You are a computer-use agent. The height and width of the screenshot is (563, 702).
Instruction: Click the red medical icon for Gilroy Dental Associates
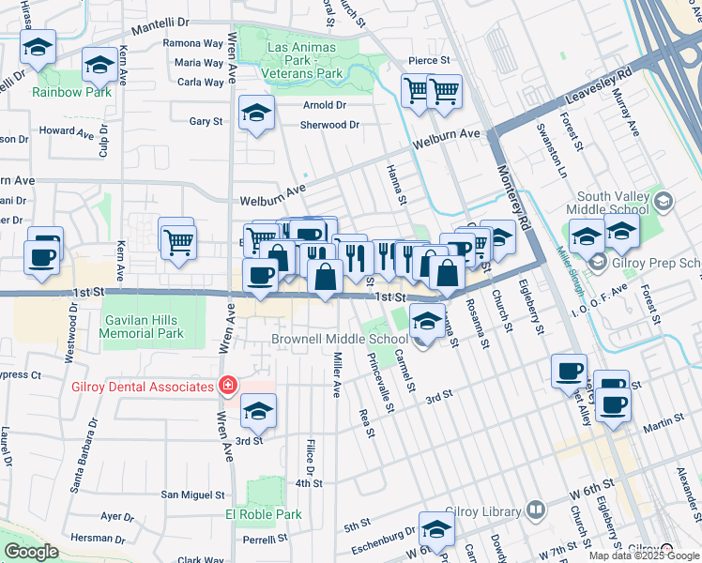point(225,386)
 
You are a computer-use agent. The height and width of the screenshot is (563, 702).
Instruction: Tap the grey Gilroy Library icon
point(535,510)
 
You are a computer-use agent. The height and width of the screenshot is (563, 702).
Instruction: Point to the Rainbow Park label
point(71,91)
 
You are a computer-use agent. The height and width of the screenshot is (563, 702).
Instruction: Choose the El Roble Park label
point(264,514)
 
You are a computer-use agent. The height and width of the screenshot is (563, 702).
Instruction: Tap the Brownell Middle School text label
point(339,339)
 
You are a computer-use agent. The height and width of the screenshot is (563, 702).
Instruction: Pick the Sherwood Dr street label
point(329,125)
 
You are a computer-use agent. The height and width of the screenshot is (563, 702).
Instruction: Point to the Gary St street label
point(206,121)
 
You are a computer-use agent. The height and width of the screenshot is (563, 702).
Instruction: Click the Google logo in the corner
point(32,552)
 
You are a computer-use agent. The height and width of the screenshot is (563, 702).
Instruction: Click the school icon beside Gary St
point(255,114)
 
